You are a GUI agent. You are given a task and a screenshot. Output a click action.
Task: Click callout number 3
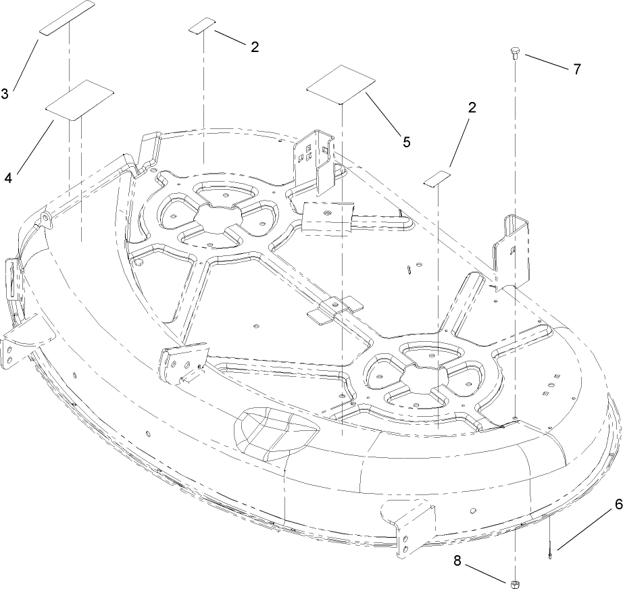pyautogui.click(x=5, y=95)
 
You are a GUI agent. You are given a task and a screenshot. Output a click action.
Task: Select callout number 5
pyautogui.click(x=406, y=142)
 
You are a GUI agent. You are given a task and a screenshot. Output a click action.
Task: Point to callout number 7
pyautogui.click(x=576, y=69)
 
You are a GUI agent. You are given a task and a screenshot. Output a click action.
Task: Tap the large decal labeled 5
pyautogui.click(x=341, y=84)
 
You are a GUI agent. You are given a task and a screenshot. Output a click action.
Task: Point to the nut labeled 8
pyautogui.click(x=515, y=582)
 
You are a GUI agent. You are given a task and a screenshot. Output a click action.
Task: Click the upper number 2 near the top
pyautogui.click(x=254, y=47)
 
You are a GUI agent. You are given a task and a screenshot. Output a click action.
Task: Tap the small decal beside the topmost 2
pyautogui.click(x=202, y=26)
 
